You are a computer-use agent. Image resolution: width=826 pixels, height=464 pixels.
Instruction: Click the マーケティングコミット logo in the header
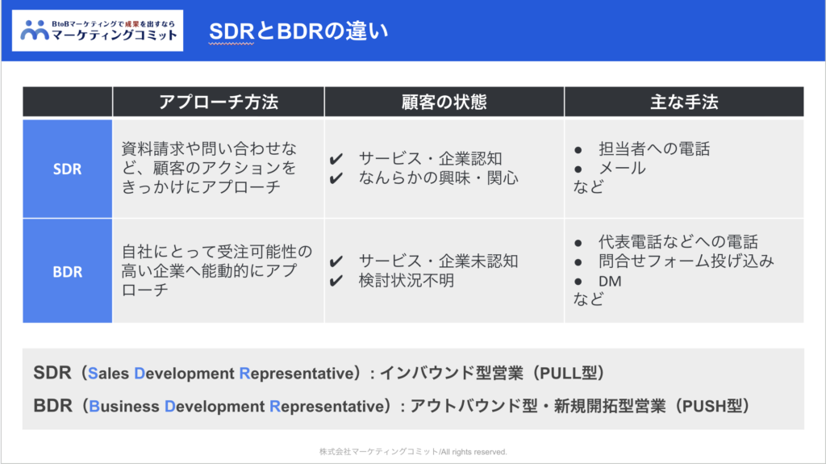(x=98, y=31)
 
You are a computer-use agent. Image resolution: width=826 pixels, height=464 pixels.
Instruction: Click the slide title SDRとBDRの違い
(x=298, y=31)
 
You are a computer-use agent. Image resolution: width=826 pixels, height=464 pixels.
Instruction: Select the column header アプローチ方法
(x=218, y=102)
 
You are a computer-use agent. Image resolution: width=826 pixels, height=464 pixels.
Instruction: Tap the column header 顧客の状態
(x=444, y=102)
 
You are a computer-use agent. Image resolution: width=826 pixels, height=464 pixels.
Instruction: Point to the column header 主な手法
(x=684, y=102)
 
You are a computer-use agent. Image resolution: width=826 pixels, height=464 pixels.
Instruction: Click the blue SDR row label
(x=68, y=169)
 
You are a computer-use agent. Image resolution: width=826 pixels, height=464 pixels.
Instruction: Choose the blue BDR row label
(x=68, y=272)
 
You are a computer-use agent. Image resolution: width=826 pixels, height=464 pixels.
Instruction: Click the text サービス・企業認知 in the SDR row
(x=431, y=158)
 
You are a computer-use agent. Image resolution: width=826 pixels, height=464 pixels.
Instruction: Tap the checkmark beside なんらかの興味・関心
(x=336, y=179)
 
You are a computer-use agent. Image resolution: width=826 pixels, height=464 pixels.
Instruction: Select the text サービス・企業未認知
(x=438, y=261)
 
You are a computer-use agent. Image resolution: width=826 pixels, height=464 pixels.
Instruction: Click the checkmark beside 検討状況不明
(x=336, y=281)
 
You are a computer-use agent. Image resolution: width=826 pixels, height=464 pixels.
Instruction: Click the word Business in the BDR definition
(x=123, y=406)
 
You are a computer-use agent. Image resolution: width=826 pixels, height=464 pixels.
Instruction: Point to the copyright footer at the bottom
(x=413, y=452)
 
